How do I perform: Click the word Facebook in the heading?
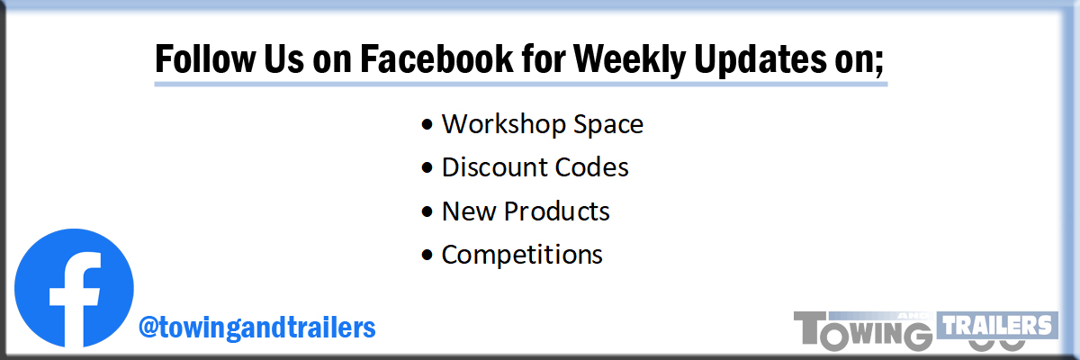pos(436,59)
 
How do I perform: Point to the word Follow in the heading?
pos(204,59)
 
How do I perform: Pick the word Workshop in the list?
pos(503,124)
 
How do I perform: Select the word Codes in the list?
pos(592,167)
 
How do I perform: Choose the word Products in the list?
pos(557,211)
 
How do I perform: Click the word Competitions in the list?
pos(522,255)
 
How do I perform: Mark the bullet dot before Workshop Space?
pos(427,125)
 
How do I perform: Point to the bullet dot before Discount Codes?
pos(427,167)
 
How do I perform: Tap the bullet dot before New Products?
pos(427,211)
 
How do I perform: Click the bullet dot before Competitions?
pos(427,255)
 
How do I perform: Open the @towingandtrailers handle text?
pos(257,328)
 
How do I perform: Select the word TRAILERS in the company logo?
pos(997,325)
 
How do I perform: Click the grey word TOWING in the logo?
pos(863,331)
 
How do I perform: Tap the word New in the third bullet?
pos(469,211)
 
